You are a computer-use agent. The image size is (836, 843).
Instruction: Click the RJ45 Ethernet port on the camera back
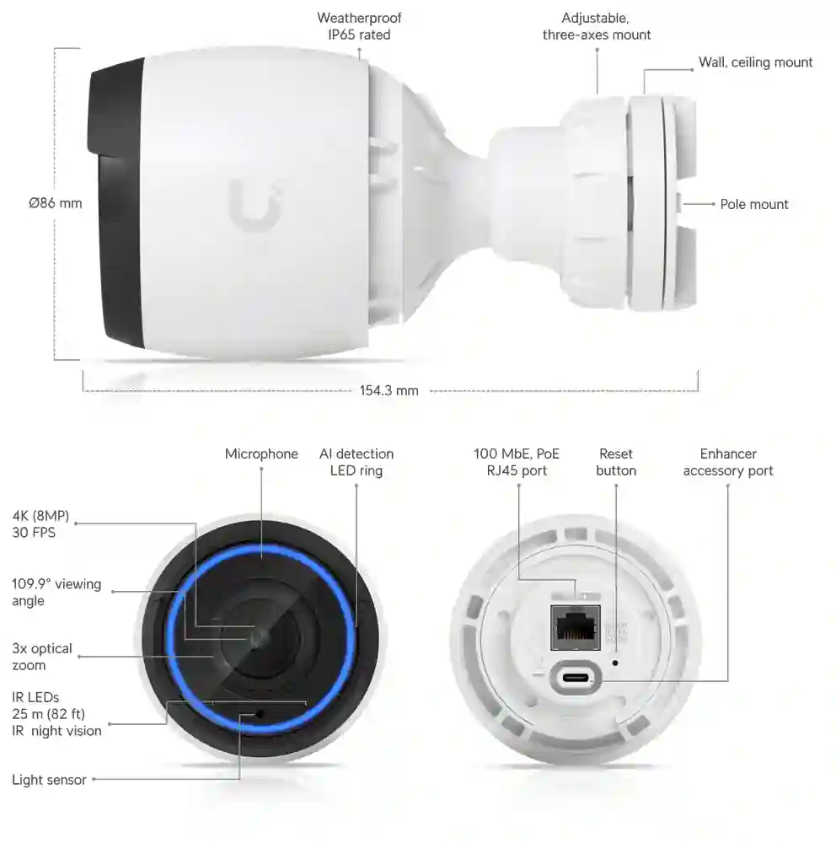tap(576, 627)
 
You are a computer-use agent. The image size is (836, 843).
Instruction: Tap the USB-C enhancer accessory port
tap(576, 677)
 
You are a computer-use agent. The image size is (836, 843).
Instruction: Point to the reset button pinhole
tap(615, 663)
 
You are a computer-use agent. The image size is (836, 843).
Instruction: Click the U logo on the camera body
tap(255, 205)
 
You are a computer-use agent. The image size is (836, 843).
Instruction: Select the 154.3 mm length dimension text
tap(389, 391)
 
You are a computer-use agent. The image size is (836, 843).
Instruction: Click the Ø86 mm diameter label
tap(56, 203)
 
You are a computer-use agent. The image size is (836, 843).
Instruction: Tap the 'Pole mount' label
tap(753, 204)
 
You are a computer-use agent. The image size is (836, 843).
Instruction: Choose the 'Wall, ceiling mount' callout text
tap(755, 62)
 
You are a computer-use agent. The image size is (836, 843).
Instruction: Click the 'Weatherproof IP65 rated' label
tap(359, 26)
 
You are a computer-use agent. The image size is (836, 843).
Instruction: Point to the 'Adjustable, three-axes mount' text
tap(596, 26)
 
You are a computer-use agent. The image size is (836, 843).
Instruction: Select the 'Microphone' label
tap(261, 454)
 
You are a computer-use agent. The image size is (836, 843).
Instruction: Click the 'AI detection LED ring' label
tap(356, 462)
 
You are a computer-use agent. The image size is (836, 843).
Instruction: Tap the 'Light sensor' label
tap(49, 780)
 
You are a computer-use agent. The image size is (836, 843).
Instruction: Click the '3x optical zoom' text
tap(42, 657)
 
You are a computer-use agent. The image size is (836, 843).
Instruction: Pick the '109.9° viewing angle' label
tap(56, 593)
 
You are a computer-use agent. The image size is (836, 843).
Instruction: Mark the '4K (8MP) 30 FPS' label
tap(40, 524)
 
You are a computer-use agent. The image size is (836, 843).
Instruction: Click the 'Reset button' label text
tap(615, 462)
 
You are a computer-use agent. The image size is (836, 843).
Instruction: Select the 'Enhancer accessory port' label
tap(728, 462)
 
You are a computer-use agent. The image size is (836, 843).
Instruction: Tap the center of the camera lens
tap(261, 637)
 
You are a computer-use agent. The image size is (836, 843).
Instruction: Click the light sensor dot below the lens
tap(260, 714)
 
